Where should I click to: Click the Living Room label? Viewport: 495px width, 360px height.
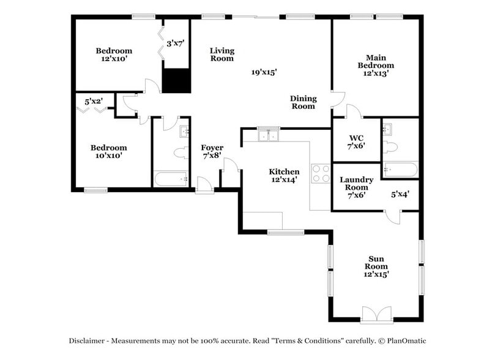(x=222, y=54)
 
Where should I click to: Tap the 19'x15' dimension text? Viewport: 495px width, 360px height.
(x=264, y=72)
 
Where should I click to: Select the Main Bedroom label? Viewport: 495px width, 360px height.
(x=376, y=65)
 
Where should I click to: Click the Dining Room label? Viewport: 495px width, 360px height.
(x=303, y=102)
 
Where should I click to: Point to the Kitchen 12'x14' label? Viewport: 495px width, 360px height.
(x=285, y=176)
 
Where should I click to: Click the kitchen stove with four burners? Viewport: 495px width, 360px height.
(x=321, y=174)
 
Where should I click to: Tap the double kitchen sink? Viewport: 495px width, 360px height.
(x=267, y=135)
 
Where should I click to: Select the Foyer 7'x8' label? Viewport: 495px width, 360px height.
(x=212, y=152)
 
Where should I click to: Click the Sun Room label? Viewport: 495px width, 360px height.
(x=376, y=266)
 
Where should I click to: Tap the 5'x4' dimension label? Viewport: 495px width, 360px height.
(x=400, y=195)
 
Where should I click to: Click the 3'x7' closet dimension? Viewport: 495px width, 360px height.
(x=176, y=43)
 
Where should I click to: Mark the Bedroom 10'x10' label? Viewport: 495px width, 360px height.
(x=109, y=151)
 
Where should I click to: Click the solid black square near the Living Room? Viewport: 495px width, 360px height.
(x=176, y=80)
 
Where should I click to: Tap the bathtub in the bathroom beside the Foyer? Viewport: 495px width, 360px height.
(x=170, y=179)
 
